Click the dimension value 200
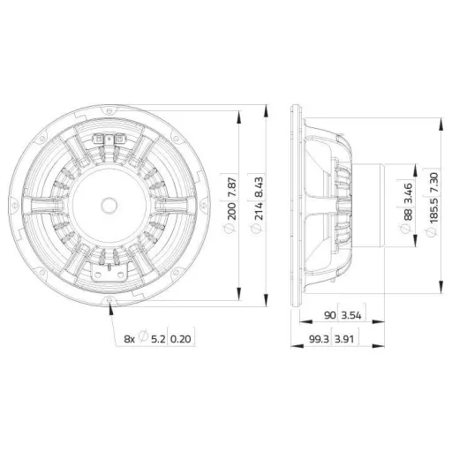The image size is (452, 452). click(x=232, y=211)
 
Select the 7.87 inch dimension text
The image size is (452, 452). click(x=232, y=187)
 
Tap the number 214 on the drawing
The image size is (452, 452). click(x=259, y=211)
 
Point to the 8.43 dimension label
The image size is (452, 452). click(x=259, y=187)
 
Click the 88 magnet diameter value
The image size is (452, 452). click(x=408, y=215)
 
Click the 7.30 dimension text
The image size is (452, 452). click(x=434, y=183)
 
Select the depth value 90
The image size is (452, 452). click(x=330, y=315)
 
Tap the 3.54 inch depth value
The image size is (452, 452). click(x=351, y=315)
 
